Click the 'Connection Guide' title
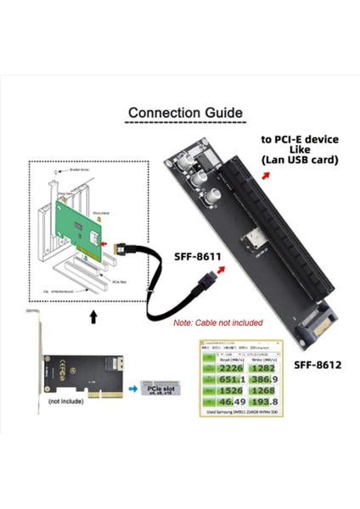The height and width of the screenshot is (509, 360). (184, 112)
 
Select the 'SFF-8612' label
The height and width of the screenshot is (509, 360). (317, 364)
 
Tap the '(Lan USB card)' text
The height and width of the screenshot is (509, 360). (299, 159)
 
